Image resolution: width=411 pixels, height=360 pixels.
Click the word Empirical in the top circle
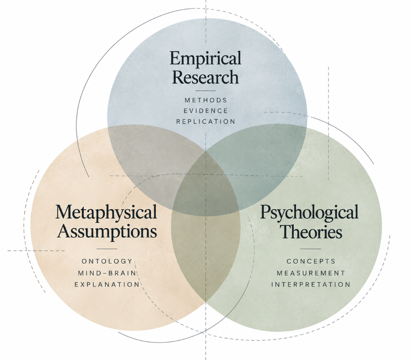205,59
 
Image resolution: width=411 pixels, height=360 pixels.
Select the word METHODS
206,100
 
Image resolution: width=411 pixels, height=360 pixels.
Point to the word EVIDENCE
205,111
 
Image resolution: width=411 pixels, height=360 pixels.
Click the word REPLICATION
206,122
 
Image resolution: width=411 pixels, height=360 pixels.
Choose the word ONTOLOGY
107,261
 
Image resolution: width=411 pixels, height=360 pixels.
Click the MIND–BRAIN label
107,273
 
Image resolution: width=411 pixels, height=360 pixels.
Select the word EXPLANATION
107,285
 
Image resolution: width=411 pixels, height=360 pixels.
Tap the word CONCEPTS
311,261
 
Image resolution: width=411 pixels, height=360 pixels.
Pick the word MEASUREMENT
311,273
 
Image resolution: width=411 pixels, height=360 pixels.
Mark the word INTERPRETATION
311,285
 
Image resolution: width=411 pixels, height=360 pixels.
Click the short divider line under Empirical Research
205,91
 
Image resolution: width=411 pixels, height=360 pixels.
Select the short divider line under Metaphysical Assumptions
107,249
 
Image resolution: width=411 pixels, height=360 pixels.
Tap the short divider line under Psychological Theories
311,249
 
